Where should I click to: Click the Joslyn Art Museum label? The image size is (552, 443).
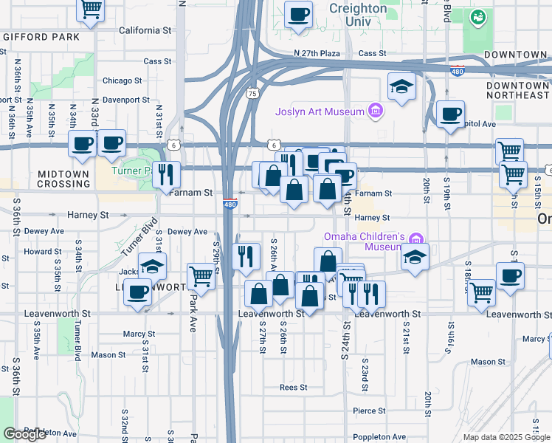point(320,112)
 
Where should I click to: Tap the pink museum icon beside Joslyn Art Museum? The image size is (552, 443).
point(376,111)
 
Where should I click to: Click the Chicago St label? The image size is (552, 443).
point(123,81)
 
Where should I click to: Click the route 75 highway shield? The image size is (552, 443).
point(253,94)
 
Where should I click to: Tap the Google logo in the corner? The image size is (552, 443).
point(24,434)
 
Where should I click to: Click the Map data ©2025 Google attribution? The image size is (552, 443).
point(506,437)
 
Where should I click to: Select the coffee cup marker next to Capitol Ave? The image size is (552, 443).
point(450,114)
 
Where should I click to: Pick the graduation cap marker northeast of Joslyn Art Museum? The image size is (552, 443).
point(401,88)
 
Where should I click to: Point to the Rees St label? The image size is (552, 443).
point(293,387)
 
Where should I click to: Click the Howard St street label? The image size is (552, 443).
point(37,252)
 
